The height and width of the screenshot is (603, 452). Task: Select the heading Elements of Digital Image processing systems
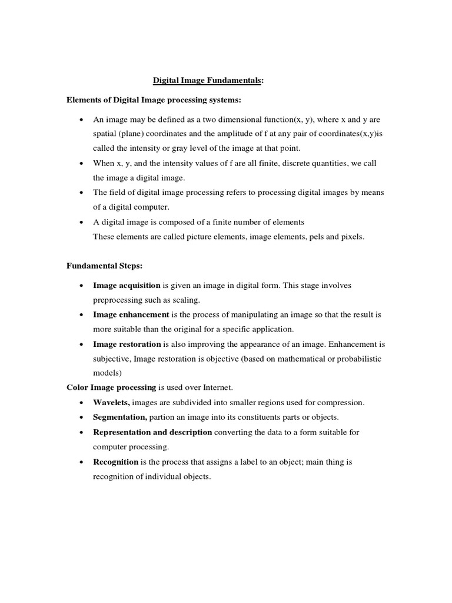tap(154, 100)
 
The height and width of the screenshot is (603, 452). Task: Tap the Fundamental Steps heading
tap(104, 266)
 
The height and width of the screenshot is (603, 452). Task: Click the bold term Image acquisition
tap(127, 286)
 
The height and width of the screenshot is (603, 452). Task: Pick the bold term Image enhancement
tap(131, 315)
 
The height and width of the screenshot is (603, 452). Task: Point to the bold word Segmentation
tap(120, 418)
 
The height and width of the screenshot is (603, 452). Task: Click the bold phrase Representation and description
tap(152, 432)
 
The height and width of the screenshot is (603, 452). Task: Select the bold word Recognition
tap(115, 462)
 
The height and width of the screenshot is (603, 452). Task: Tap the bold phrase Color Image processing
tap(111, 388)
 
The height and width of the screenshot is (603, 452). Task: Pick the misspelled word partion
tap(162, 418)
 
